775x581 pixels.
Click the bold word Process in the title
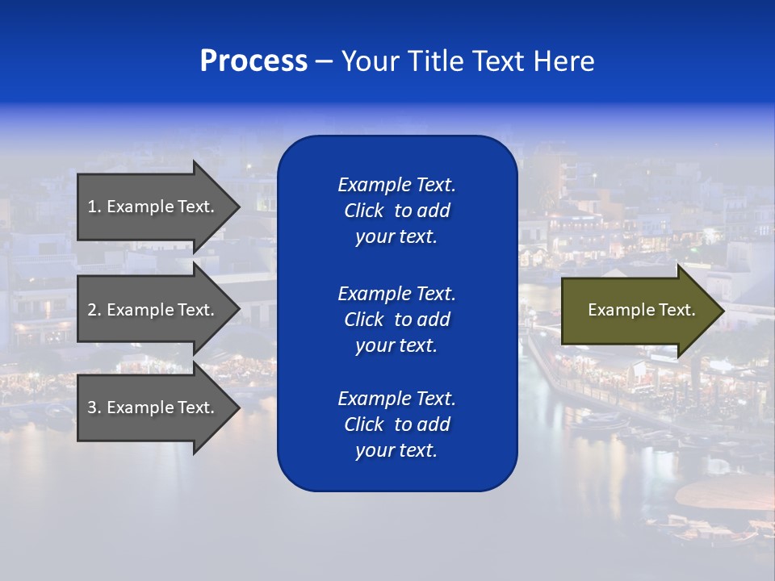point(253,61)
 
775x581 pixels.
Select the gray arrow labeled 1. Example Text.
point(150,207)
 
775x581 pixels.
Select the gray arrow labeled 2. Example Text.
point(150,310)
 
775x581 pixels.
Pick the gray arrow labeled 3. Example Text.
point(150,408)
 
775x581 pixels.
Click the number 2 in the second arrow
point(92,310)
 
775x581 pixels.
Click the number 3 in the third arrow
point(92,408)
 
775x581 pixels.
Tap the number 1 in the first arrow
point(92,207)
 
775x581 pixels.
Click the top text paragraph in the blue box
point(396,211)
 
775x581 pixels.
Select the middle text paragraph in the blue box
point(396,320)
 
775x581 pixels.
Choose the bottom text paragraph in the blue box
point(396,424)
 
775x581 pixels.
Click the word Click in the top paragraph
point(363,211)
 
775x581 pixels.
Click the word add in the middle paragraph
point(434,320)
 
